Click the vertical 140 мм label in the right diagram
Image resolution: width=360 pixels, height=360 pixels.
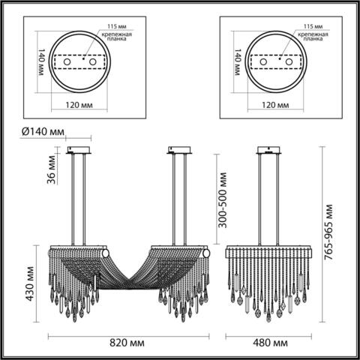[238, 64]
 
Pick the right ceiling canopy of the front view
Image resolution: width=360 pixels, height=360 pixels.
[180, 148]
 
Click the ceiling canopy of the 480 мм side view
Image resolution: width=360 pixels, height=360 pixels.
[268, 148]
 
